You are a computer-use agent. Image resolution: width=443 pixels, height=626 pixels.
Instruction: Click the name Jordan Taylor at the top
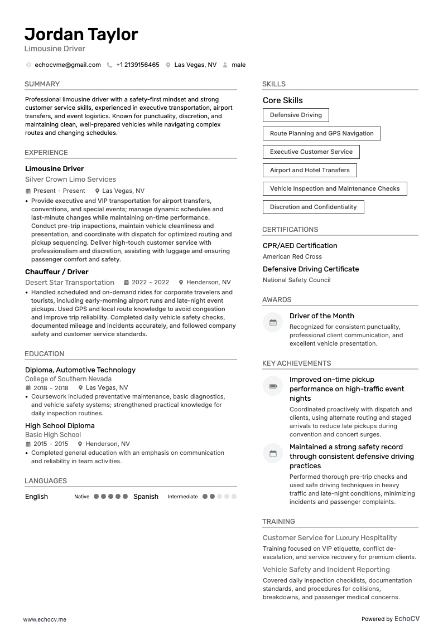click(x=81, y=35)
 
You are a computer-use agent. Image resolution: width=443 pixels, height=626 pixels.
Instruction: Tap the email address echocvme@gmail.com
click(x=68, y=65)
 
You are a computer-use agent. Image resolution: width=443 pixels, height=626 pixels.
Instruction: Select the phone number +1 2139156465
click(x=137, y=65)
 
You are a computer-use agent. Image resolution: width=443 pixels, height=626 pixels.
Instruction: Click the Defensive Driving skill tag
click(x=296, y=115)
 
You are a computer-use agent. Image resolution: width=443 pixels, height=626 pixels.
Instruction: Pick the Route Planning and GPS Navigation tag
click(x=321, y=133)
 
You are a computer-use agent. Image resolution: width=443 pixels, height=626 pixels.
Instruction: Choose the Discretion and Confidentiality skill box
click(x=313, y=207)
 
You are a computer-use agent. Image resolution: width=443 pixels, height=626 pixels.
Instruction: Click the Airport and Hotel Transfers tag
click(x=310, y=170)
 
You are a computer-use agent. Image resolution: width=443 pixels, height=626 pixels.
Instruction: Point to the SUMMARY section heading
click(x=42, y=84)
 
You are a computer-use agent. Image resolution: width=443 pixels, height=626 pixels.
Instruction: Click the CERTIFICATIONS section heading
click(x=290, y=230)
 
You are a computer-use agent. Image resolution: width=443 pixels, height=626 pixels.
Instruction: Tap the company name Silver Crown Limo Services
click(x=70, y=179)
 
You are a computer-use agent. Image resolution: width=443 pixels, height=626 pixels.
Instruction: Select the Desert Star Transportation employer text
click(x=70, y=283)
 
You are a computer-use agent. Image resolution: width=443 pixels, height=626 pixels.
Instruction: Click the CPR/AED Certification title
click(x=300, y=246)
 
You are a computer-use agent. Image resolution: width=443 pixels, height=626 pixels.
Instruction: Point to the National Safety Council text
click(x=296, y=280)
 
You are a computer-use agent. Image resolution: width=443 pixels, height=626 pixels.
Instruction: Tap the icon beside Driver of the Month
click(x=273, y=322)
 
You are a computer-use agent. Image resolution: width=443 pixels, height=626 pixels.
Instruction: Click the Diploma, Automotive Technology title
click(x=80, y=370)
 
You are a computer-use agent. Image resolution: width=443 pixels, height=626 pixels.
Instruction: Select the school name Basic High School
click(x=53, y=435)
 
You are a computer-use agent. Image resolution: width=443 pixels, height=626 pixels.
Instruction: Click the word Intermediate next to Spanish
click(x=182, y=497)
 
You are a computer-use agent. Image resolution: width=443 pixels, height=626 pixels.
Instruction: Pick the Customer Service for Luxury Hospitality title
click(x=330, y=538)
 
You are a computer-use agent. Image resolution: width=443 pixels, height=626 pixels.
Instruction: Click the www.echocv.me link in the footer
click(x=45, y=619)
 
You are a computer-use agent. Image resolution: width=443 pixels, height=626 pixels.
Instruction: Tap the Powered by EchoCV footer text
click(x=390, y=619)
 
